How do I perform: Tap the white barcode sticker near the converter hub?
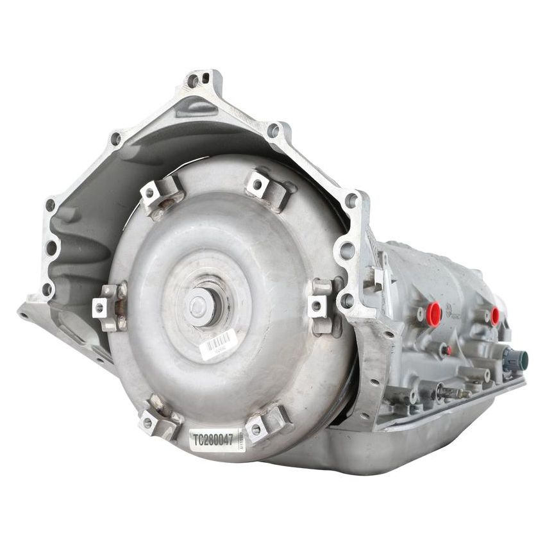click(217, 344)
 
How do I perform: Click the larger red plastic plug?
click(434, 314)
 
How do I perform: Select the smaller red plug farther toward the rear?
click(495, 315)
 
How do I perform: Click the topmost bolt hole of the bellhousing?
click(193, 81)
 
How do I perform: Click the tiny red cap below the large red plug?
click(449, 350)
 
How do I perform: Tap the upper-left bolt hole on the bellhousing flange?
click(115, 138)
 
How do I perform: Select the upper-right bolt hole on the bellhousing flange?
click(274, 131)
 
